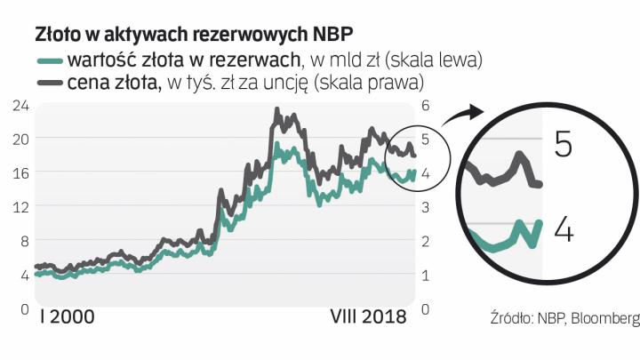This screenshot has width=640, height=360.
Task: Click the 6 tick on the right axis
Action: pos(425,105)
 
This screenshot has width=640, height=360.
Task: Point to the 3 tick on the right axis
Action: pos(425,207)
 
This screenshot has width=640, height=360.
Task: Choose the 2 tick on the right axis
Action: pos(425,241)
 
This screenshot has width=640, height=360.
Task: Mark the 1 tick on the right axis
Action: pos(425,276)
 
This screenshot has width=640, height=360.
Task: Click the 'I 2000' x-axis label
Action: pos(68,317)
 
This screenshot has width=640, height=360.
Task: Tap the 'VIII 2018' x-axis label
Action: pos(367,317)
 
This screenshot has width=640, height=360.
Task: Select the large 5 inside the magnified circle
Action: pos(563,144)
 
